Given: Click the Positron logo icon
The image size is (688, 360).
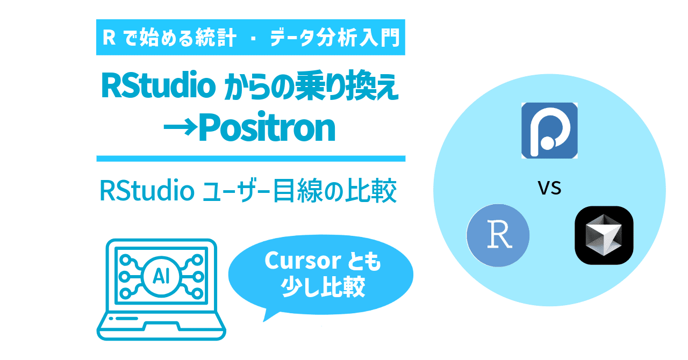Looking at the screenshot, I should coord(549,131).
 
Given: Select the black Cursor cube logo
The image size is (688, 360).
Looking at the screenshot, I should coord(604,235).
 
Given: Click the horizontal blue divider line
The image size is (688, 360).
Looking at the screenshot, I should coord(250,159).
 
